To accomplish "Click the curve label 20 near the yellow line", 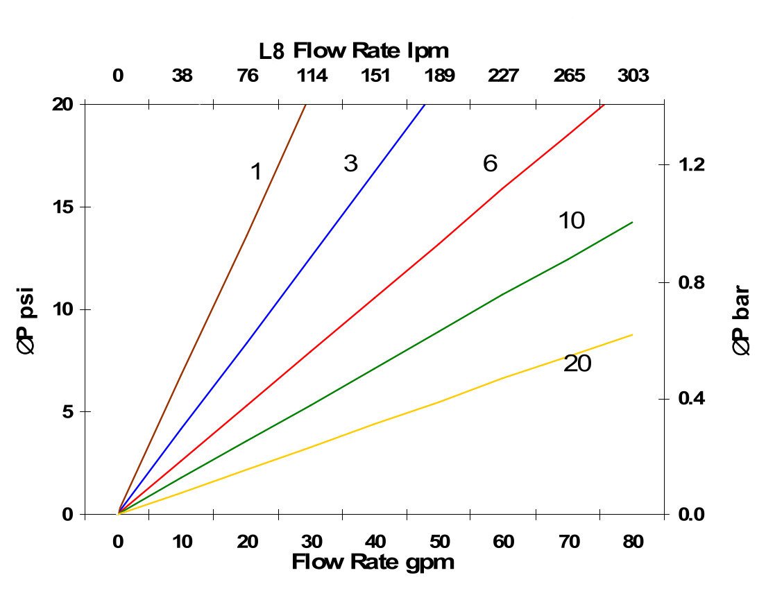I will tap(577, 363).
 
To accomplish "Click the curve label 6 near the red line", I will tap(490, 164).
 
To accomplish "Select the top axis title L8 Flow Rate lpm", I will tap(354, 51).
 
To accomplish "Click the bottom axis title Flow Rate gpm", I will tap(373, 562).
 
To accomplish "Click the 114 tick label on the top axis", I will tap(312, 76).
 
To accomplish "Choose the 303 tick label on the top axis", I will tap(633, 76).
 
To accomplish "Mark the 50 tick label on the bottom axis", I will tap(439, 542).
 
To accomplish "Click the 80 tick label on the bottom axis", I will tap(633, 542).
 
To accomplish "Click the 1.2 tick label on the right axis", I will tap(690, 165).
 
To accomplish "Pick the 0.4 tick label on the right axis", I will tap(690, 399).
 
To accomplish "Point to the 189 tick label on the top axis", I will tap(439, 76).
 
